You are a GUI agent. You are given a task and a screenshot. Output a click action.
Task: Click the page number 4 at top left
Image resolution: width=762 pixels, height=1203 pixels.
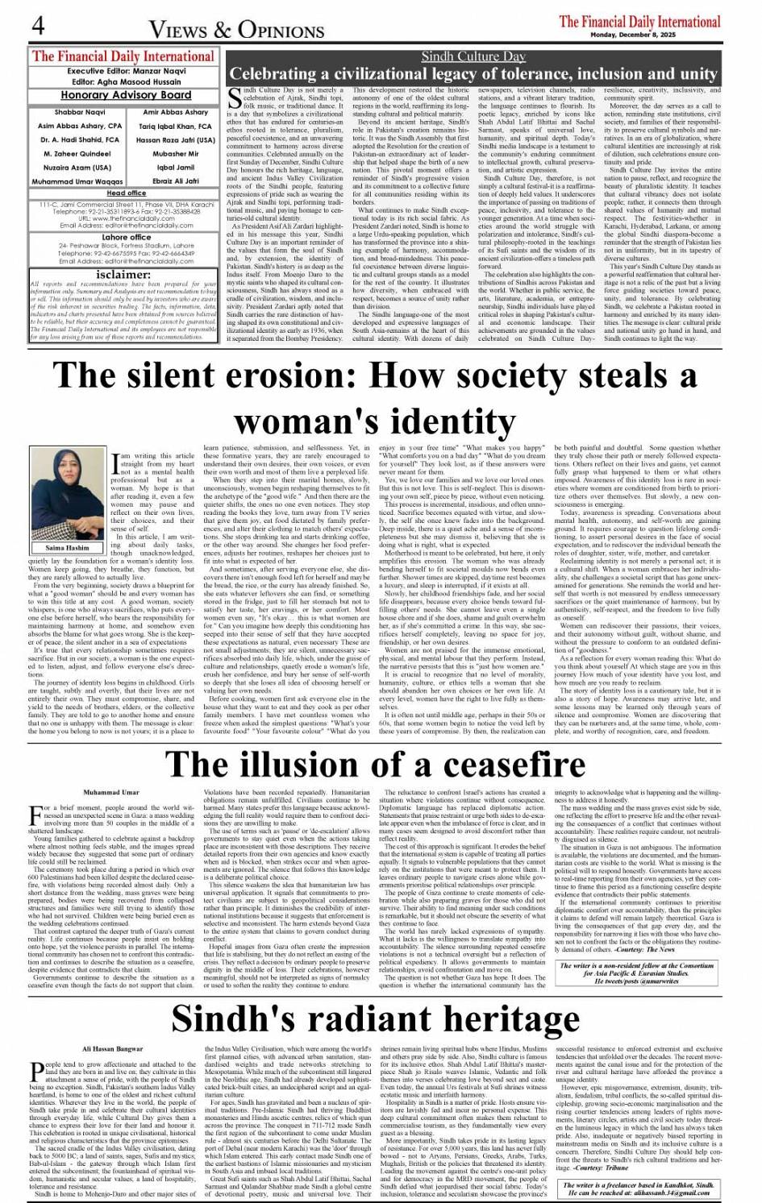(x=37, y=26)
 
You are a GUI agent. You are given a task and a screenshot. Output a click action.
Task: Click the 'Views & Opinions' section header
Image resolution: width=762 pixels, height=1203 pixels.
(x=237, y=31)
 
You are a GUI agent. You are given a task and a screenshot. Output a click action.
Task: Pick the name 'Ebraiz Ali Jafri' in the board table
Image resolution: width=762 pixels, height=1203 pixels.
(x=176, y=181)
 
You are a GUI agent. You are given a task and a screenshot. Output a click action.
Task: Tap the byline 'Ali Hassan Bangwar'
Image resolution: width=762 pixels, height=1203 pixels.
(x=113, y=1048)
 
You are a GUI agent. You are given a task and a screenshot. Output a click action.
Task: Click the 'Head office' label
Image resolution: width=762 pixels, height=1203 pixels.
(x=127, y=193)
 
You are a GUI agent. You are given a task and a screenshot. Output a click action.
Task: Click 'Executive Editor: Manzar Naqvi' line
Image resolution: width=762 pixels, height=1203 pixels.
(x=124, y=72)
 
